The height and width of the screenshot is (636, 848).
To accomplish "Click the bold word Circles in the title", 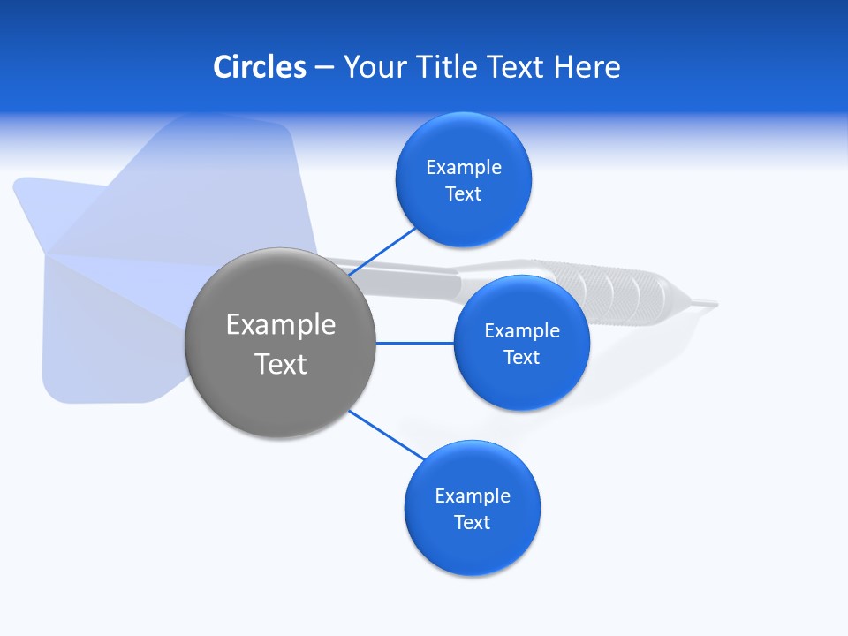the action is pos(260,67).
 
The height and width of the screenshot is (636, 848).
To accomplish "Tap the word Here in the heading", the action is pos(587,67).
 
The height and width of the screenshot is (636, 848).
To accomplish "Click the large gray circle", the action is pos(280,343).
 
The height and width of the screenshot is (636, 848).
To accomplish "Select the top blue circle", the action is pos(464,179).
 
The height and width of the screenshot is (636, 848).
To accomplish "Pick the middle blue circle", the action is pos(522,343).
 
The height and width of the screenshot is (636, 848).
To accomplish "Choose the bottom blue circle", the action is pos(473,508).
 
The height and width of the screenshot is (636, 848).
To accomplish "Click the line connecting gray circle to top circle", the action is pos(382,252).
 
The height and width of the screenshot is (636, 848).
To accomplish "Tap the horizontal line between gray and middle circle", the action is pos(415,343).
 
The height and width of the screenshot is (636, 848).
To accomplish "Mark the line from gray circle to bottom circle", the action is pos(387,435).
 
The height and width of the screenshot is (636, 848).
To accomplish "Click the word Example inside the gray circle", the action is pos(281,325).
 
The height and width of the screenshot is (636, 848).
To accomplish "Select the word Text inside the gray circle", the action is pos(281,364).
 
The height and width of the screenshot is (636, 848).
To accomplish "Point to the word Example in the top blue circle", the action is pos(464,168).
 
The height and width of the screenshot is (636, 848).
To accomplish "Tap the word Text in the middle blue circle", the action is pos(522,357).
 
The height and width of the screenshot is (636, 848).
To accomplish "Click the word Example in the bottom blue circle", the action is pos(473,496).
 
